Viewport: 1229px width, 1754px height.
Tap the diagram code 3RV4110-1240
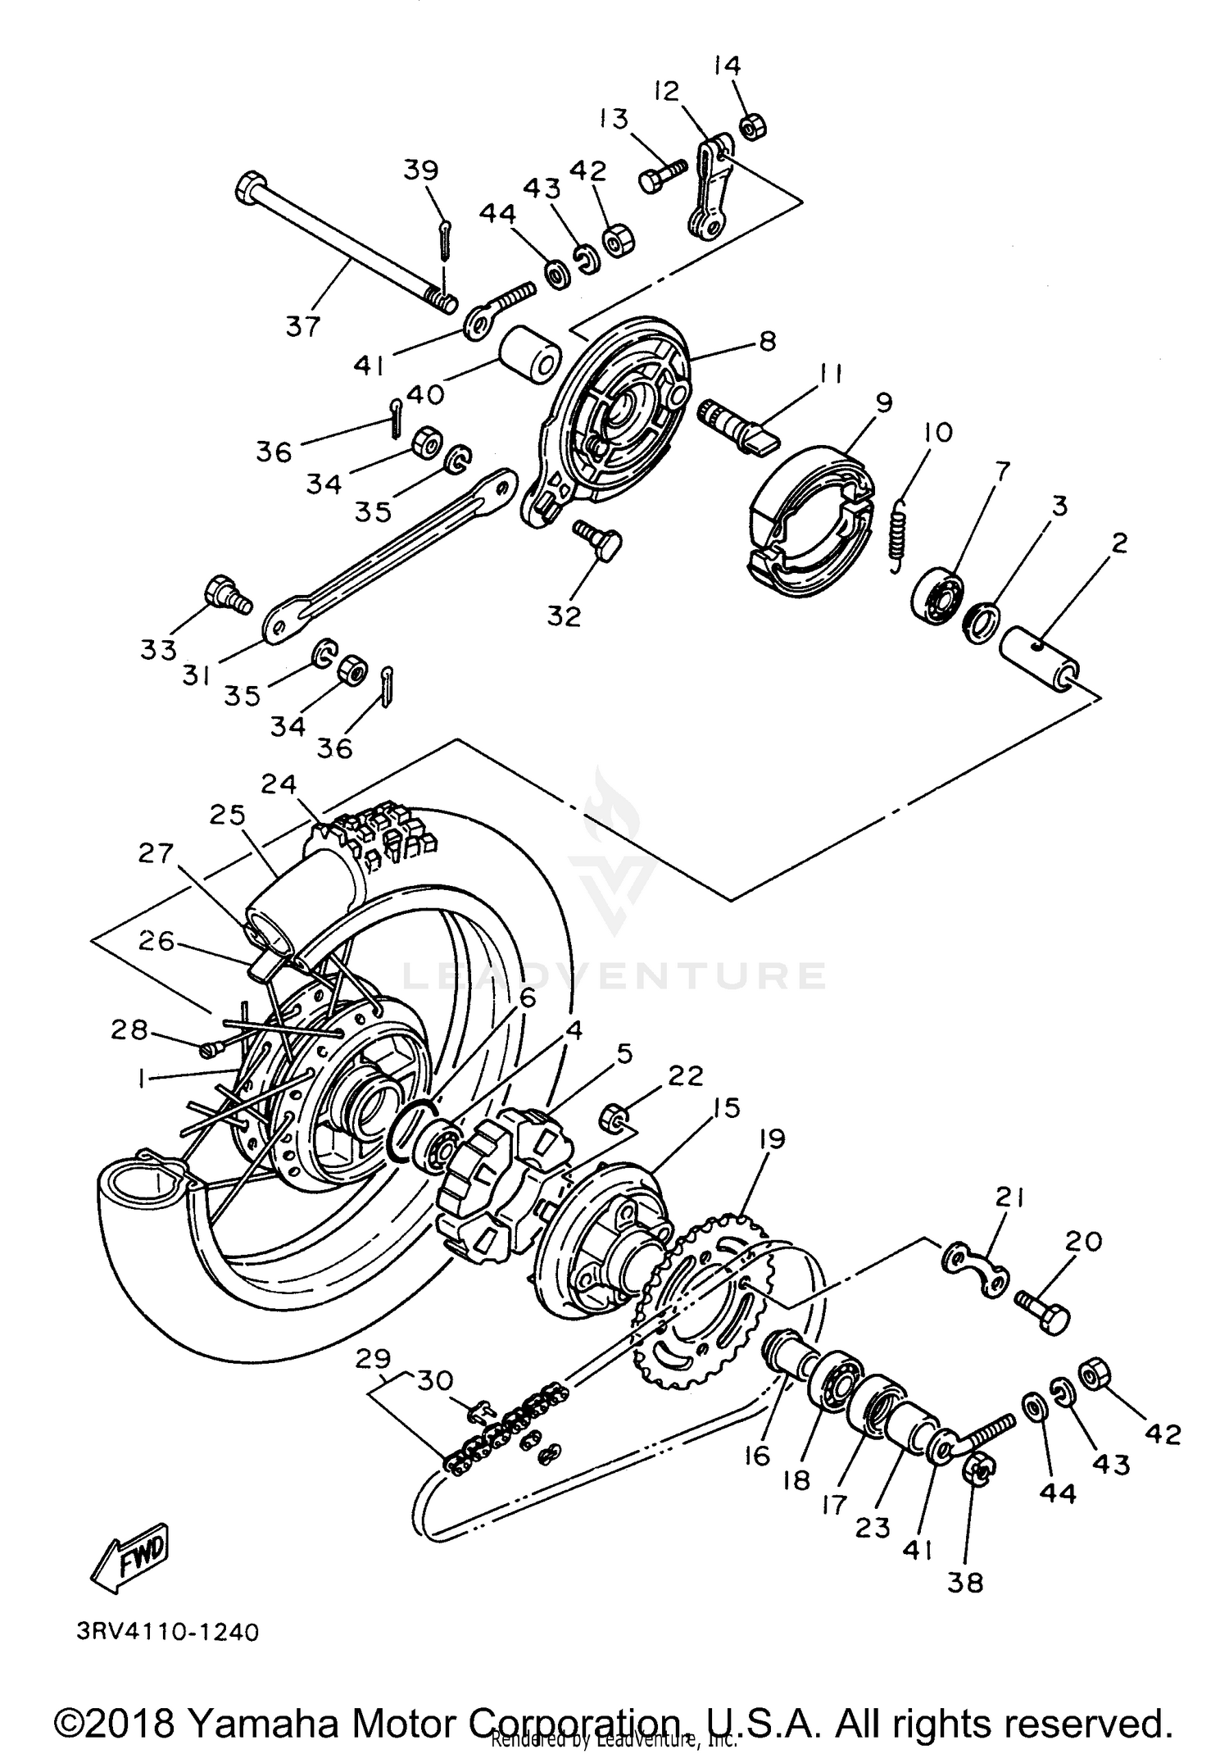pos(168,1632)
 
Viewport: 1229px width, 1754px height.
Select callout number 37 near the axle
pos(302,327)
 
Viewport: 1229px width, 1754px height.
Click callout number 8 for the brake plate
pos(767,341)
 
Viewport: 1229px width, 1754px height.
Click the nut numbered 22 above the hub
pos(615,1116)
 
